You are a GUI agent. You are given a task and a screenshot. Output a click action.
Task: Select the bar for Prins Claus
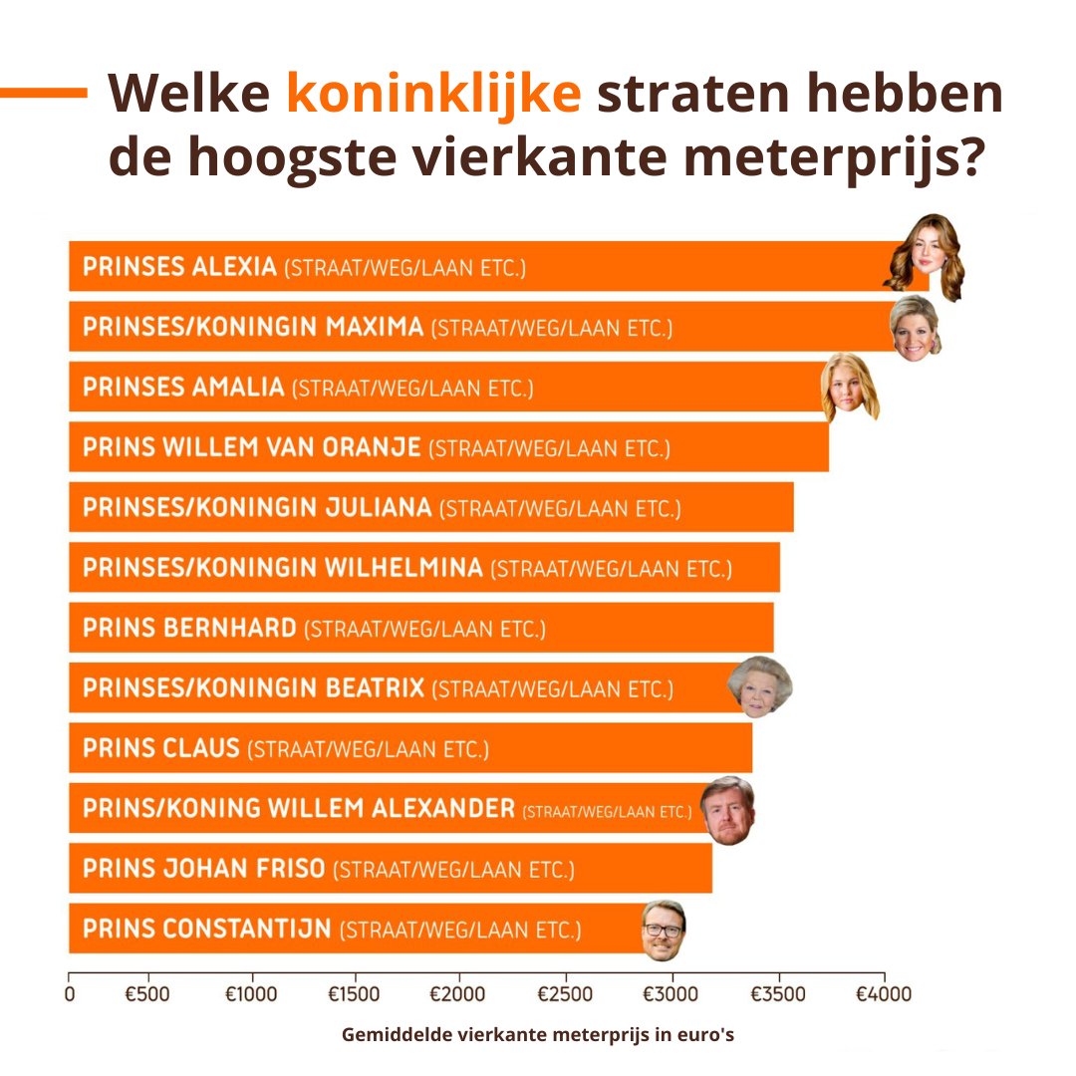click(x=409, y=748)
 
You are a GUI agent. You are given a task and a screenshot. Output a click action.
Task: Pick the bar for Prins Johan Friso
click(x=390, y=869)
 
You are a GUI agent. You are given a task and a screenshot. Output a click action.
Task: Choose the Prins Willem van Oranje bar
click(x=448, y=447)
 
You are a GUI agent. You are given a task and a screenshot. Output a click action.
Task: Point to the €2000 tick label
click(x=457, y=994)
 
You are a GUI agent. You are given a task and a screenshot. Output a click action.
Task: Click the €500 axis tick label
click(x=146, y=994)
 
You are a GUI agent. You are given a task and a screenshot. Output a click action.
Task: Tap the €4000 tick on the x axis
click(x=884, y=994)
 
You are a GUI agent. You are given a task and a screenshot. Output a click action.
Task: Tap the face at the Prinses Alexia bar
click(x=926, y=257)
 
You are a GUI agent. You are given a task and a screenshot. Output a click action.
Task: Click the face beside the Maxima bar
click(x=916, y=328)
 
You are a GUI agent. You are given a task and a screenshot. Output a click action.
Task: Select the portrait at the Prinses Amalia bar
click(x=848, y=387)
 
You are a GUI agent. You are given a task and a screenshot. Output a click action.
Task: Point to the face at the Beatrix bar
click(x=759, y=685)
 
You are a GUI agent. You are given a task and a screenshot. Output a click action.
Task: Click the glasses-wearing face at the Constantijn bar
click(x=662, y=931)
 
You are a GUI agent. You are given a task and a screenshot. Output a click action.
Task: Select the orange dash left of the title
click(x=44, y=93)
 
